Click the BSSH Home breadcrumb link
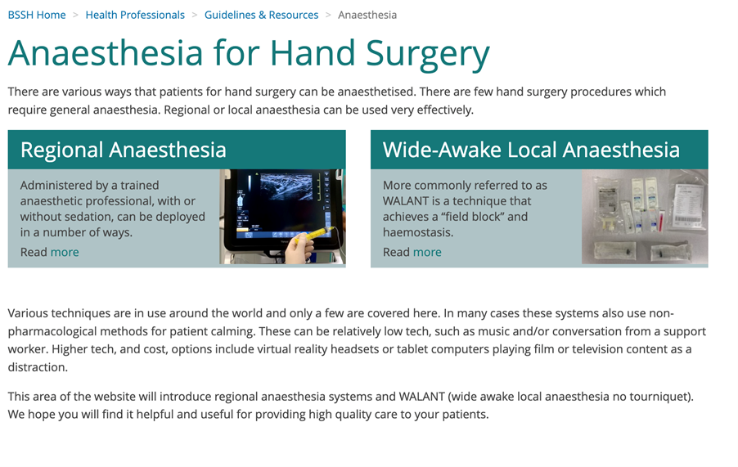click(x=37, y=15)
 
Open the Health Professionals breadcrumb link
click(x=135, y=15)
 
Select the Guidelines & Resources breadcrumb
click(x=261, y=15)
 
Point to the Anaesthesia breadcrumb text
click(x=367, y=15)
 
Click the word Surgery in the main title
click(x=427, y=54)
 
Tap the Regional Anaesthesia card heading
click(x=124, y=150)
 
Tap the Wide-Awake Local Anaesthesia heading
click(x=531, y=150)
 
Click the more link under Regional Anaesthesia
click(x=65, y=253)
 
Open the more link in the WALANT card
click(x=427, y=253)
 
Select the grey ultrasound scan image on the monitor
click(x=286, y=187)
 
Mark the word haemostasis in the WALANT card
click(x=418, y=233)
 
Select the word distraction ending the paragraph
click(x=38, y=367)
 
